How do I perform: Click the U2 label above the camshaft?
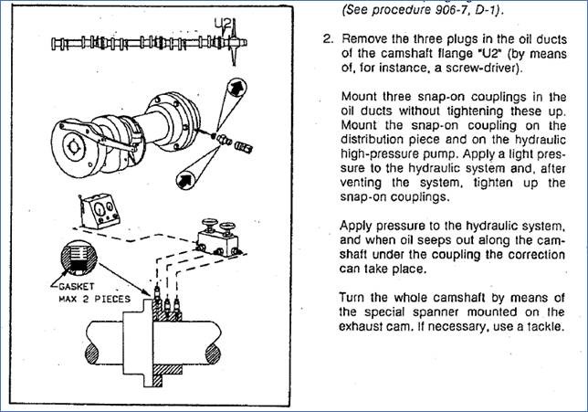pyautogui.click(x=223, y=24)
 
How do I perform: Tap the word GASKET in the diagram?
pyautogui.click(x=77, y=287)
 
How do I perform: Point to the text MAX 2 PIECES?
pyautogui.click(x=95, y=299)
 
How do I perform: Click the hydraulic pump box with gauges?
pyautogui.click(x=99, y=211)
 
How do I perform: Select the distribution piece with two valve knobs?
pyautogui.click(x=218, y=238)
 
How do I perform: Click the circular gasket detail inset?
pyautogui.click(x=79, y=259)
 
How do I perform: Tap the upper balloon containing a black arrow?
pyautogui.click(x=236, y=89)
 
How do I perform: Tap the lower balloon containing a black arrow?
pyautogui.click(x=186, y=180)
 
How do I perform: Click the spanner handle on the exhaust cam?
pyautogui.click(x=99, y=137)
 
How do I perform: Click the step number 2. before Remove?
pyautogui.click(x=328, y=39)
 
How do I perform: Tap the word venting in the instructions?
pyautogui.click(x=362, y=183)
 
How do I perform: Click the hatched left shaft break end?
pyautogui.click(x=92, y=354)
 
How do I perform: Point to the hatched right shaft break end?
pyautogui.click(x=213, y=354)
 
